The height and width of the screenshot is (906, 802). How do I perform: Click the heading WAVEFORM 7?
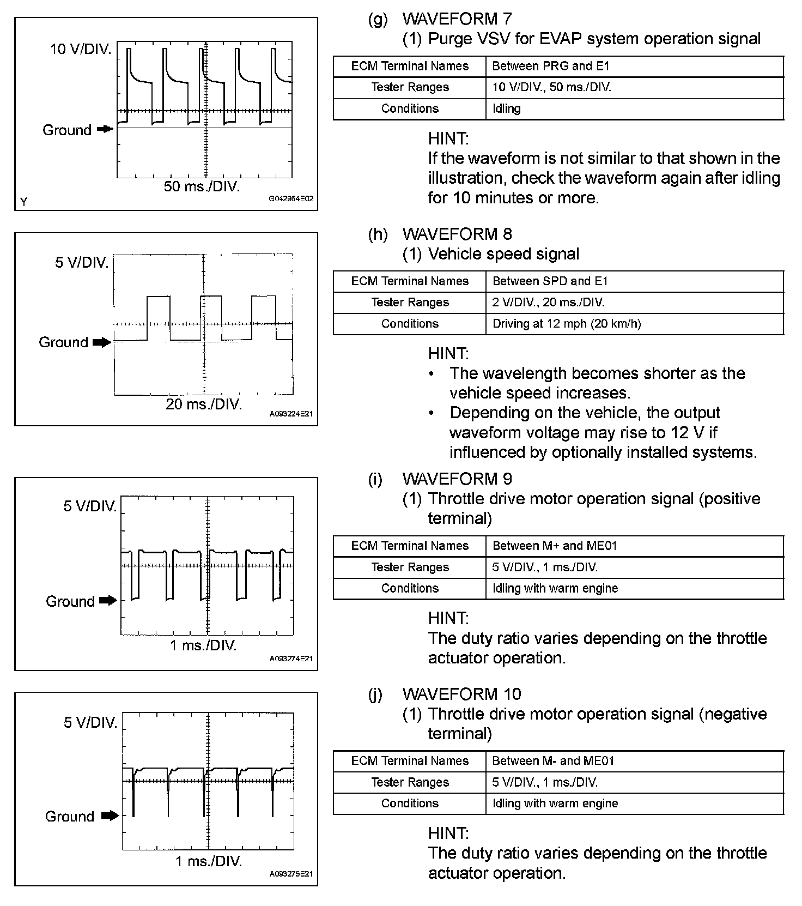[457, 19]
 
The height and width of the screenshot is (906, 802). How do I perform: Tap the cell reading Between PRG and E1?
[550, 66]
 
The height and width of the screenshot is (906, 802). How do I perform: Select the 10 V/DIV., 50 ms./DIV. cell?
[551, 87]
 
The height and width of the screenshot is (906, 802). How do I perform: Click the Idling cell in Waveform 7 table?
[506, 108]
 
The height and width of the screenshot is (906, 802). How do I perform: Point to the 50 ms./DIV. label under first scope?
[202, 186]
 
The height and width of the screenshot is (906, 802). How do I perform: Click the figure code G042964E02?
[291, 199]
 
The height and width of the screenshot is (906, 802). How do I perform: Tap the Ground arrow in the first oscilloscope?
[105, 129]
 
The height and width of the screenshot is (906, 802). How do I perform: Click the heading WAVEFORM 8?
[457, 234]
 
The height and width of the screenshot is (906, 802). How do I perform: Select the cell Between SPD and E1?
[550, 281]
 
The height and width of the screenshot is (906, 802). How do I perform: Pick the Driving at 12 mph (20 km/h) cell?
[567, 324]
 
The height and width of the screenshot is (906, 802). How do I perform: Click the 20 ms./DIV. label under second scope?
[204, 404]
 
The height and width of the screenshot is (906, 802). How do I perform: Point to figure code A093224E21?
[291, 414]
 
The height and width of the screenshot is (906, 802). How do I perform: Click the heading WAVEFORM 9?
[457, 479]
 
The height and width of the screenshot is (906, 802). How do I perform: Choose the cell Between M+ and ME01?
[555, 546]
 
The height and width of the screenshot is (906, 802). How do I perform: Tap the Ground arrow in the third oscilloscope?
[108, 601]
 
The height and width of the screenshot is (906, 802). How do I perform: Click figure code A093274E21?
[291, 659]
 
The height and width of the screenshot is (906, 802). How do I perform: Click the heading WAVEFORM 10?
[461, 694]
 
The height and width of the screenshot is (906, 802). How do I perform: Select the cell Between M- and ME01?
[553, 761]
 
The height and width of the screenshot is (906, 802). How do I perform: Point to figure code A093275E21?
[291, 874]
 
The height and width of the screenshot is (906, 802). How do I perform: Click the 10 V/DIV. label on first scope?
[81, 49]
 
